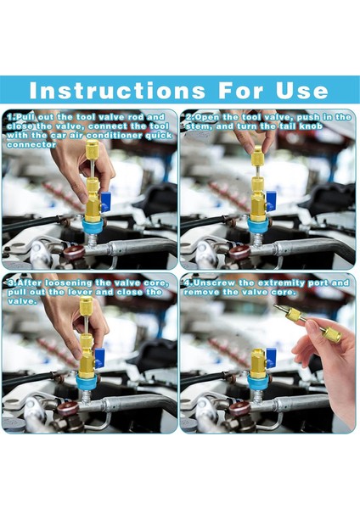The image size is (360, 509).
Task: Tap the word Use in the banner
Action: [x=302, y=90]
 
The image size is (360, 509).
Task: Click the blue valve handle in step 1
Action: [x=106, y=202]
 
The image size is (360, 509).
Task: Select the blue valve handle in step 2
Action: [x=272, y=200]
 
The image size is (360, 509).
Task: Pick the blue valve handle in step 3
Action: [x=99, y=358]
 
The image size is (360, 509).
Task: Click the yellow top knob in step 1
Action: [x=93, y=149]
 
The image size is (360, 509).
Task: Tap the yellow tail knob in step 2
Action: [x=258, y=155]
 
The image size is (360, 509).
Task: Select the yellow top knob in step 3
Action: [x=86, y=305]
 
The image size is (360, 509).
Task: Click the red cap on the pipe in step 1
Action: [x=74, y=252]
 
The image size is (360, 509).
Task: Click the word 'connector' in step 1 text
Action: [x=31, y=145]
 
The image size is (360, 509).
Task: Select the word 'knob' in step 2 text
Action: [x=311, y=126]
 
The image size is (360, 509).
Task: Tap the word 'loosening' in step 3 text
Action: [x=69, y=283]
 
